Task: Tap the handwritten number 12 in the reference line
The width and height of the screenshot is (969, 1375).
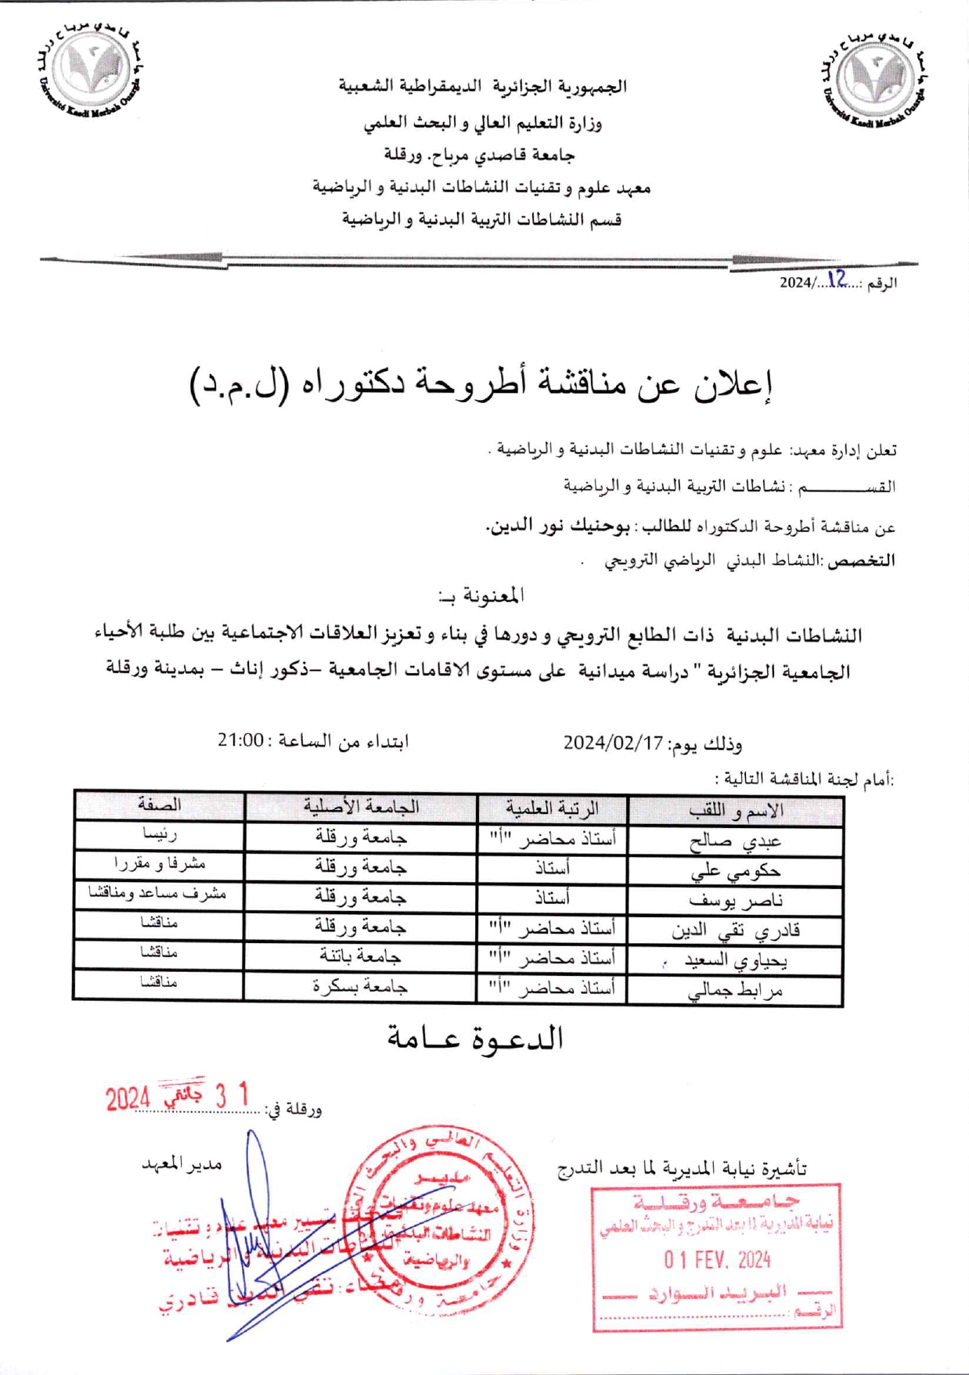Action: click(x=836, y=279)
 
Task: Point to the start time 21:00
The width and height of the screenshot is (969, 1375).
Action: click(x=240, y=740)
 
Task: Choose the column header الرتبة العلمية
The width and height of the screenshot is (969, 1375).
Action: click(x=553, y=808)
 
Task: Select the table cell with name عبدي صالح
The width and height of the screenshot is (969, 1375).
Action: click(x=736, y=842)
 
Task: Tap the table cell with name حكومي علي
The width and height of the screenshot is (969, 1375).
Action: click(x=736, y=871)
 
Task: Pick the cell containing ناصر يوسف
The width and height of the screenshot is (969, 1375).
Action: click(x=736, y=901)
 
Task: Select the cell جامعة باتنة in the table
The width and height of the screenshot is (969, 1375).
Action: click(x=361, y=956)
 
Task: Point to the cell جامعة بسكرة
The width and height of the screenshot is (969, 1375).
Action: click(x=361, y=987)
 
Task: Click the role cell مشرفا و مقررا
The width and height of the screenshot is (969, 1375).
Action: click(x=160, y=864)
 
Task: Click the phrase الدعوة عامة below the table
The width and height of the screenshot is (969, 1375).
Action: click(x=476, y=1038)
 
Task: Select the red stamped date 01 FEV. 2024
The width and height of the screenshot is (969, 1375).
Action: click(x=717, y=1260)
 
